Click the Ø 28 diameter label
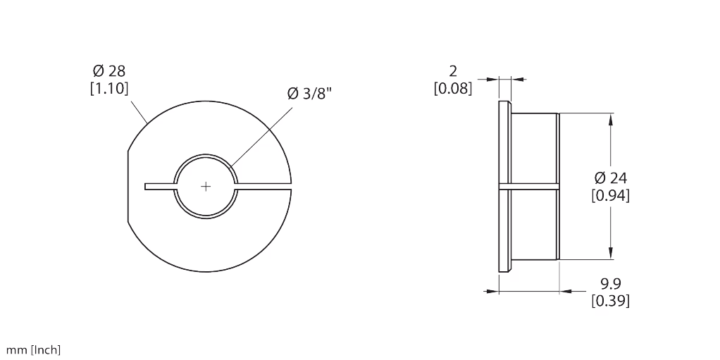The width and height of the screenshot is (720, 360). coord(108,70)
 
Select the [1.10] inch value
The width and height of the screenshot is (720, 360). coord(108,88)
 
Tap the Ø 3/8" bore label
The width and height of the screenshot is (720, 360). coord(309,93)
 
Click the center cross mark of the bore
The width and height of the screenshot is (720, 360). coord(206,187)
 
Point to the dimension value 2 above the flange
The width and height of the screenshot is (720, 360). coord(453,71)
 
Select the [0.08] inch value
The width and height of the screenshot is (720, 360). coord(453,88)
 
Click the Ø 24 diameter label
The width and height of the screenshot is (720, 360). coord(610,178)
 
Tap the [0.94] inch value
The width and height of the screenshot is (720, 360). coord(610,196)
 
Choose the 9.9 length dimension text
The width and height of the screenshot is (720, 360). coord(611,283)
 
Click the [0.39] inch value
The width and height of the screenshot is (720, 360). coord(610,301)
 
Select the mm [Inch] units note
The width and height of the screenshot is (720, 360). coord(33,350)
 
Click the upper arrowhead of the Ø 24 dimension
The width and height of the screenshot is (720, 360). coord(610,119)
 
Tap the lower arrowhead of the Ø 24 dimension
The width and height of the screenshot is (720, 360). coord(610,254)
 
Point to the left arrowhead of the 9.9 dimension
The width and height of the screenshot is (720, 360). coord(492,291)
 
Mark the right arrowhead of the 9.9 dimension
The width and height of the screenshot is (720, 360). coord(566,291)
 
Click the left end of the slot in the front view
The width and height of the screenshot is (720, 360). coord(145,187)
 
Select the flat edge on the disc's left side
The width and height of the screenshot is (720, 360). coord(128,187)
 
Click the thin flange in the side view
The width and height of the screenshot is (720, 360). coord(504,187)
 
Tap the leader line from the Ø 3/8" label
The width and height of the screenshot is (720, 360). coord(261,137)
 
